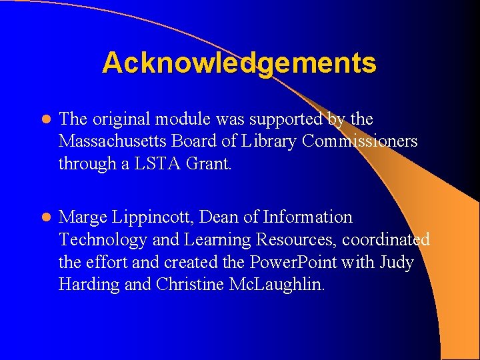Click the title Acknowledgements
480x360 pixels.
239,63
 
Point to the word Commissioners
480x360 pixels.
360,141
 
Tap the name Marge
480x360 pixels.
82,217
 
